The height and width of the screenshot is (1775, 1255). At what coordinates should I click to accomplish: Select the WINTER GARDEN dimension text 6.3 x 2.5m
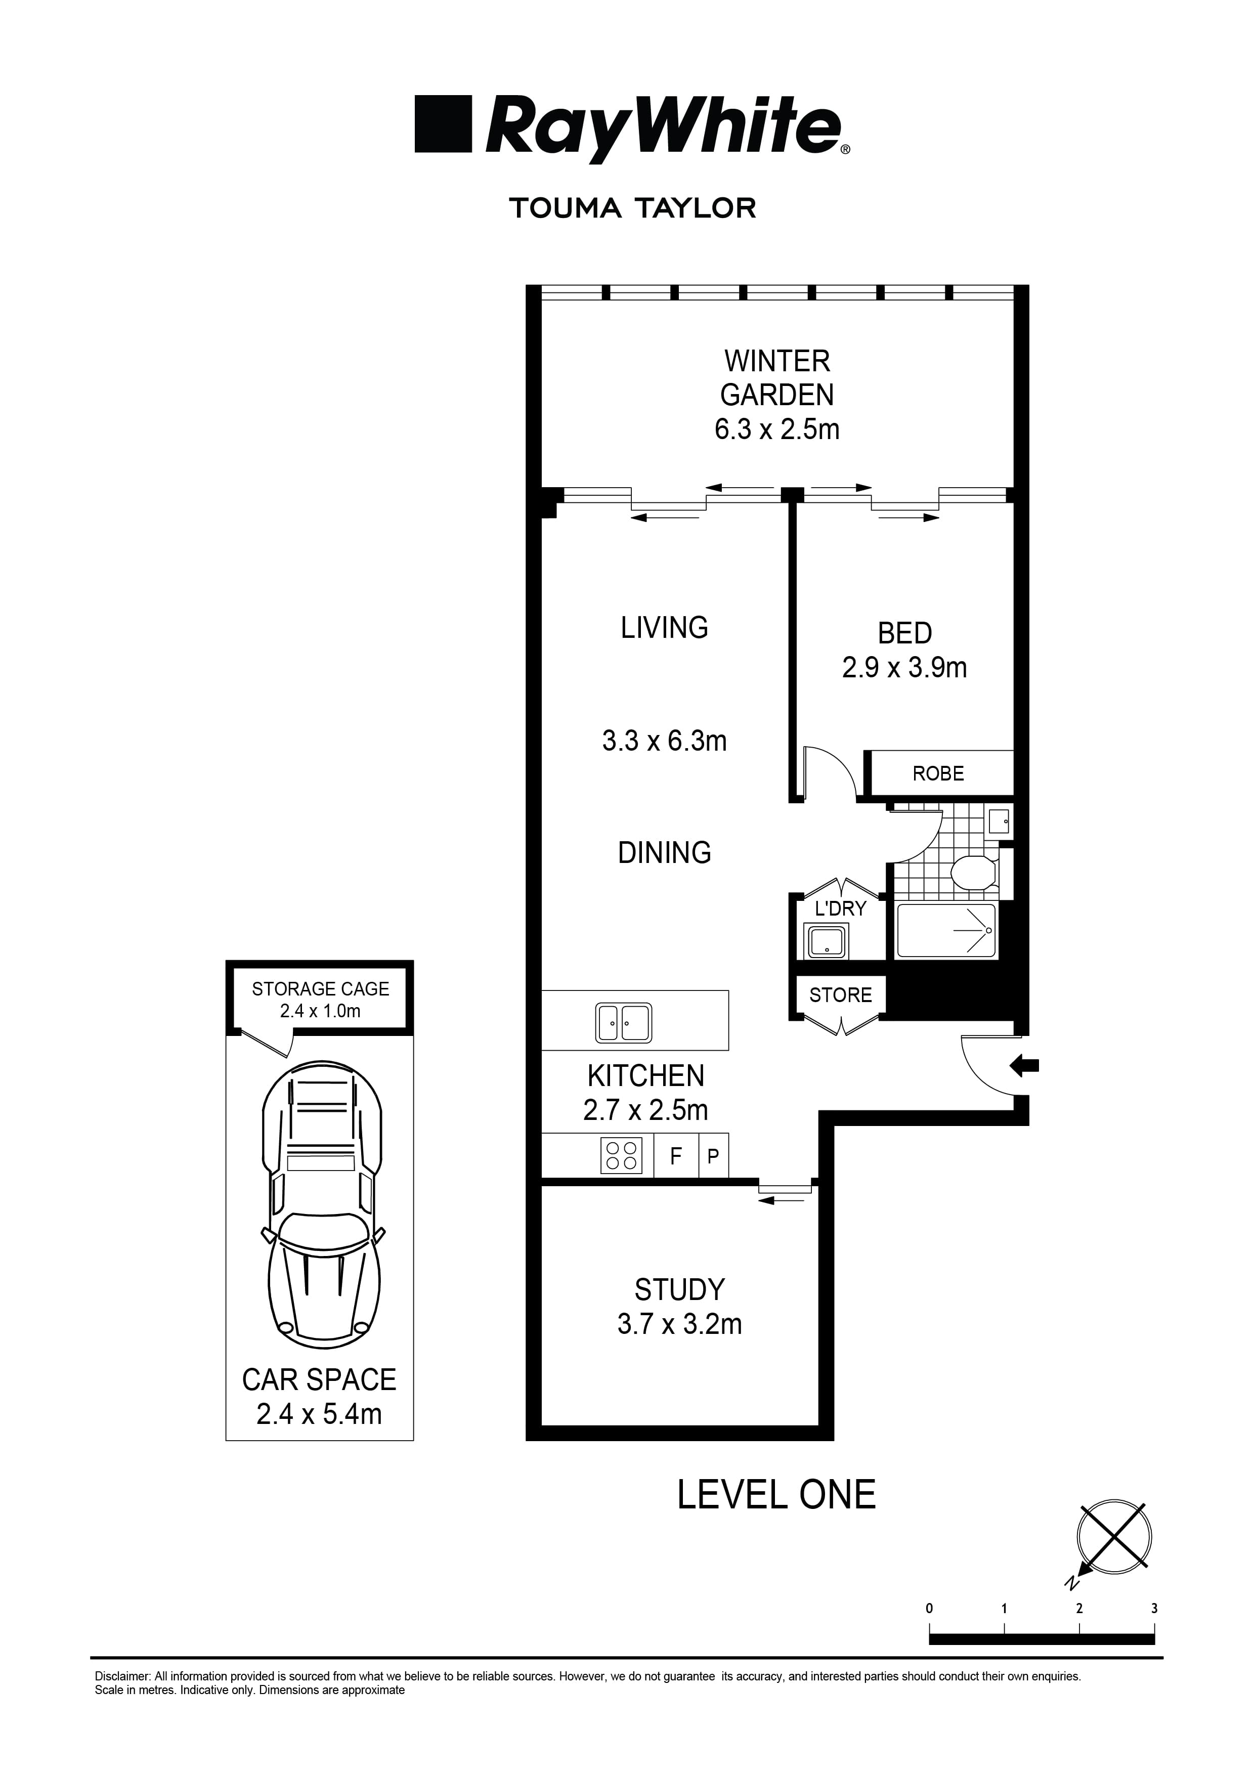(776, 429)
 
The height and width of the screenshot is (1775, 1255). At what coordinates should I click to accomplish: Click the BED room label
(904, 633)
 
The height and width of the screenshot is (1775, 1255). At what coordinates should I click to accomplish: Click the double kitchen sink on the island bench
(623, 1023)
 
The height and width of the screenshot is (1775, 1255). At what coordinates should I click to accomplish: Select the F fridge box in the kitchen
(676, 1156)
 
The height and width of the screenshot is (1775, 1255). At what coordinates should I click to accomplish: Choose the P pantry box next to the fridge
(713, 1156)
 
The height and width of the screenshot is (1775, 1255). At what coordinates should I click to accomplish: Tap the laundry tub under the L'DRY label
(827, 941)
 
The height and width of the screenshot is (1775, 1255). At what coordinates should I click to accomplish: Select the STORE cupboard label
(840, 995)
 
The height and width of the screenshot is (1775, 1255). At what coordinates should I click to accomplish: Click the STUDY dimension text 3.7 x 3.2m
(679, 1324)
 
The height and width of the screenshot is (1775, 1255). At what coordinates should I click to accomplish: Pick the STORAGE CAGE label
(320, 989)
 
